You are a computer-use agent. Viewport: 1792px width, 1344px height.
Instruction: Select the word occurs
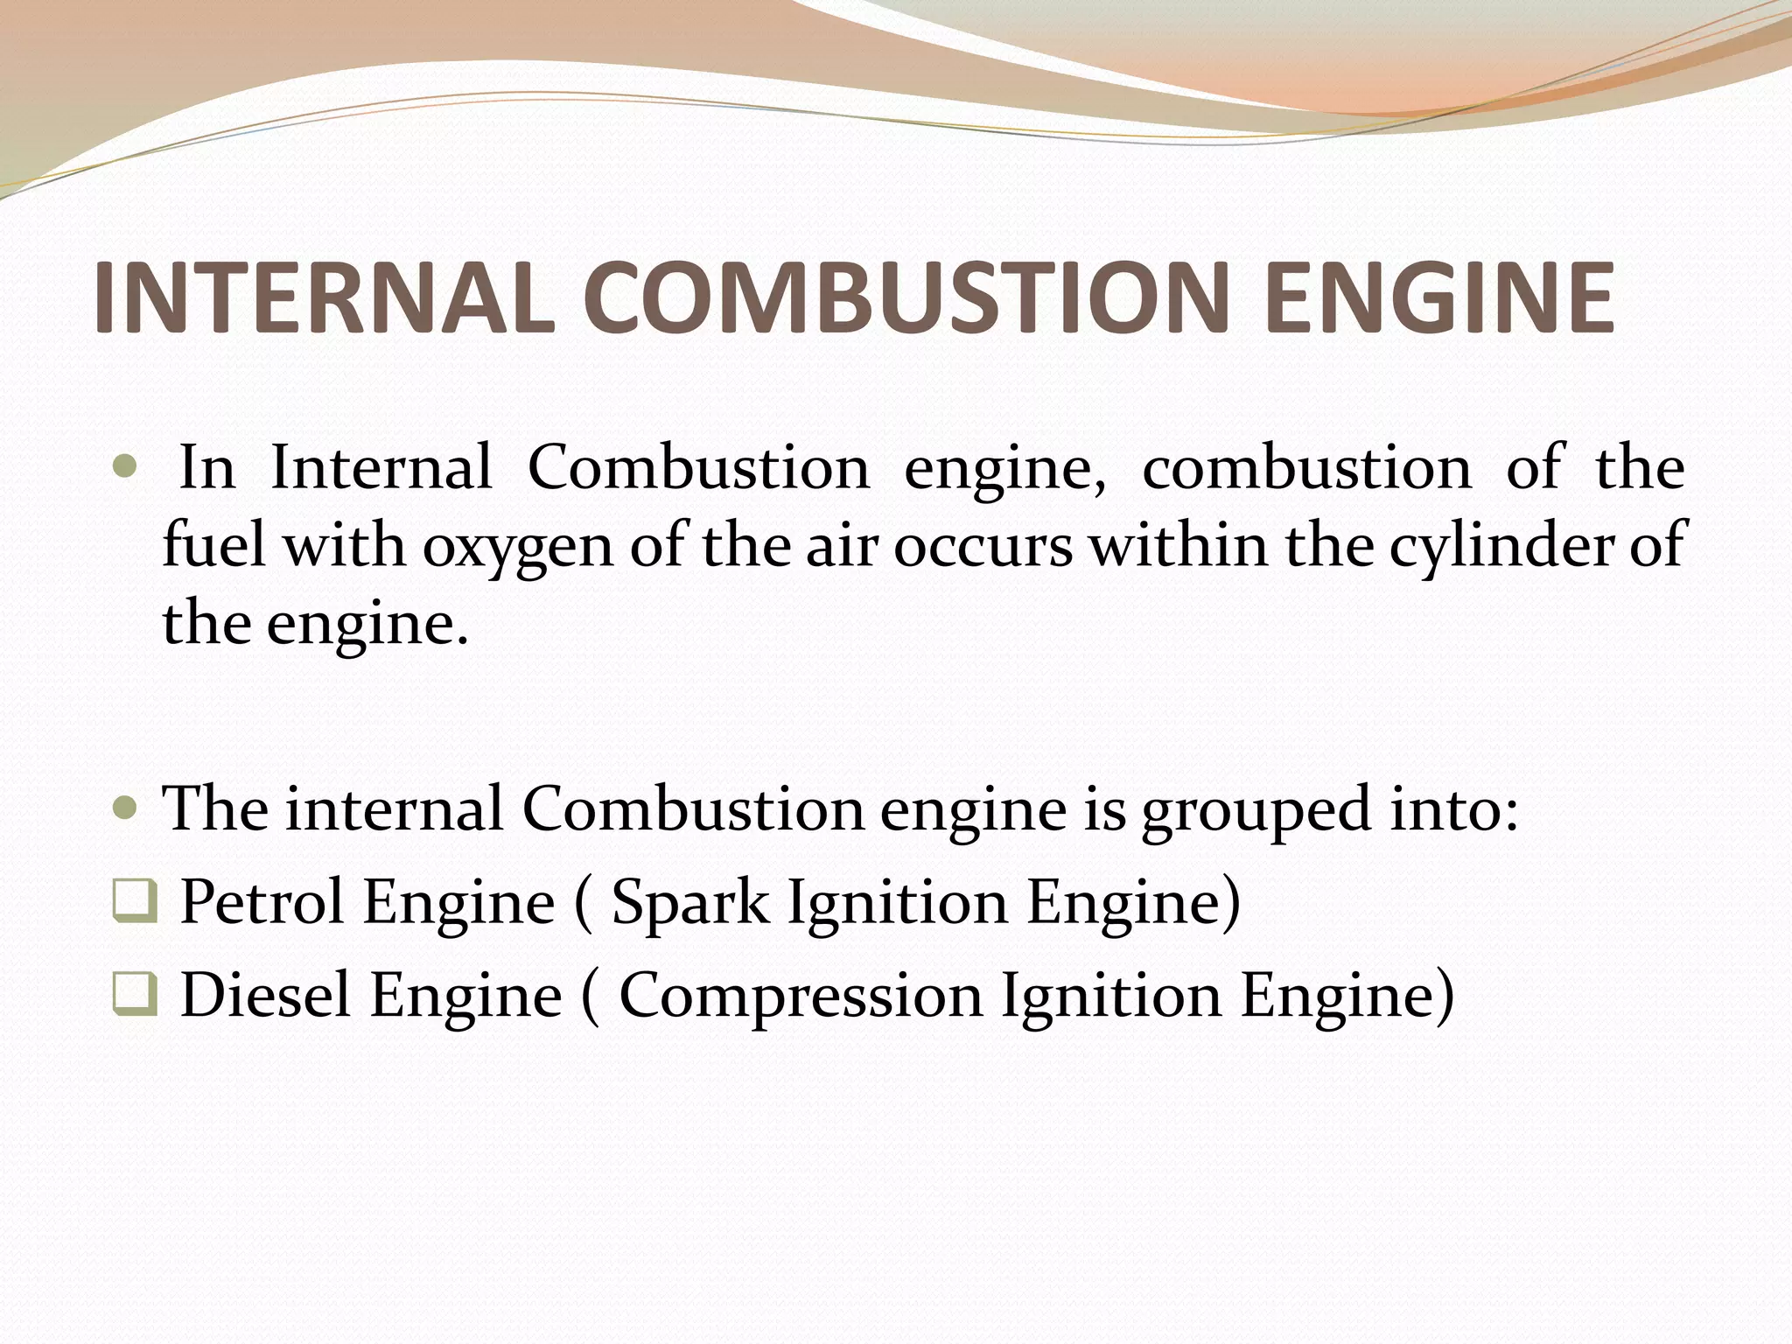(982, 547)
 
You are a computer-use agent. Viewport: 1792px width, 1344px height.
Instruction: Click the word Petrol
(262, 901)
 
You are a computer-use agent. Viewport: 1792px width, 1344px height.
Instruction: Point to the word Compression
(801, 997)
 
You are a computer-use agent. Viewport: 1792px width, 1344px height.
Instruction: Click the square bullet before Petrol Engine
(135, 902)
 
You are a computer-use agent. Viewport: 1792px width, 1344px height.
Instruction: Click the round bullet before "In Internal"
(126, 468)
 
